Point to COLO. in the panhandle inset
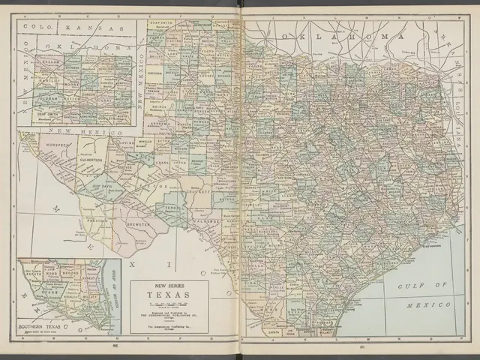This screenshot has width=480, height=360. click(35, 27)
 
